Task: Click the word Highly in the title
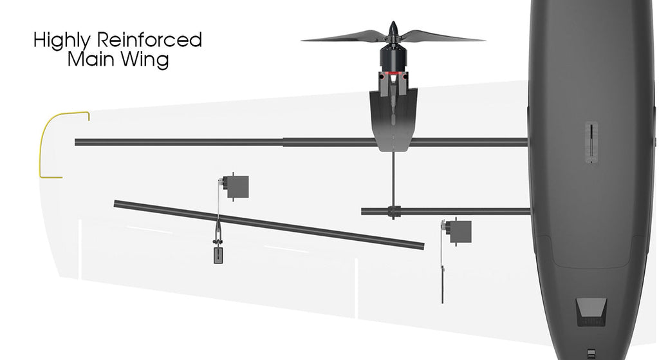click(x=61, y=41)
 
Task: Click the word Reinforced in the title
click(x=149, y=40)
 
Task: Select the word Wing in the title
click(x=142, y=60)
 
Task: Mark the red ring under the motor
click(x=393, y=73)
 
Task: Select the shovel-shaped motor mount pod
click(x=393, y=118)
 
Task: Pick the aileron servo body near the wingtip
click(x=237, y=187)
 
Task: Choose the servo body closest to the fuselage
click(x=459, y=231)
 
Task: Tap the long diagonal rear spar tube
click(x=269, y=225)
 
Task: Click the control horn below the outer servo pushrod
click(x=218, y=255)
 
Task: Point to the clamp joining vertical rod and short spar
click(x=394, y=211)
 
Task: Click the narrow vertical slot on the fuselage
click(x=591, y=142)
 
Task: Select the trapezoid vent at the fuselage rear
click(x=591, y=312)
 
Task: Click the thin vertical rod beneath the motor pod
click(x=393, y=179)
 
